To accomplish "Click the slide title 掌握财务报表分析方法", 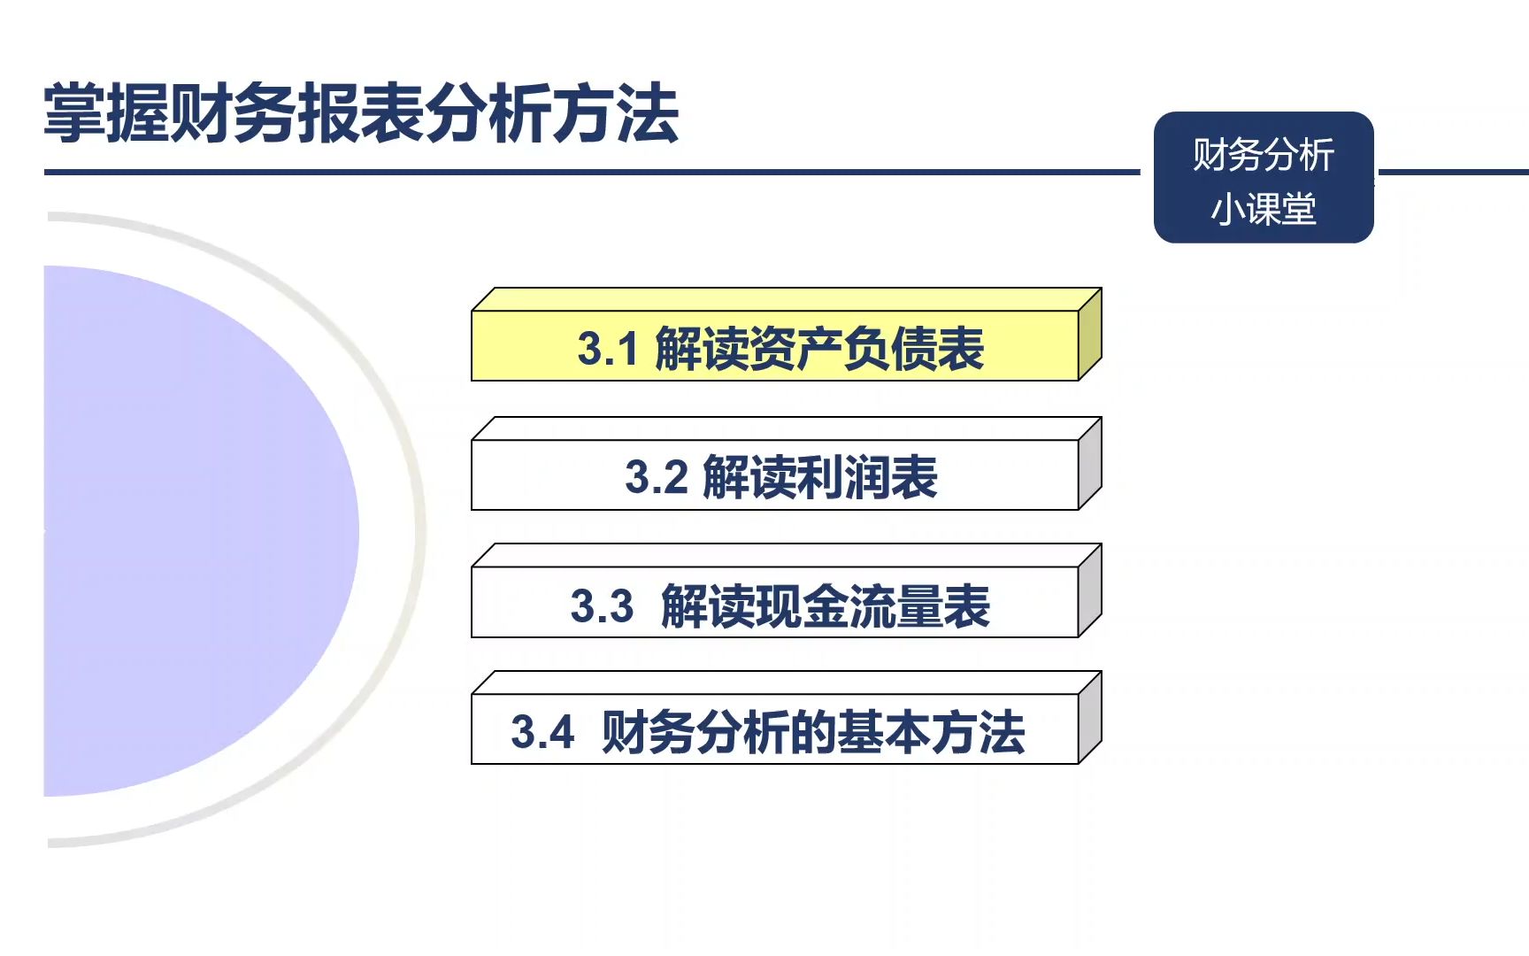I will click(361, 113).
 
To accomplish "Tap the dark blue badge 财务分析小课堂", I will click(1263, 177).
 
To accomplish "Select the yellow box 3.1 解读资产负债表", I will click(775, 346).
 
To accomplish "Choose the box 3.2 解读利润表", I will click(775, 475).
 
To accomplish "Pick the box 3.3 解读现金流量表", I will click(775, 603).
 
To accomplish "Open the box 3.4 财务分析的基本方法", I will click(775, 730).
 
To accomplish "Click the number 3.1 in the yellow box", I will click(607, 348).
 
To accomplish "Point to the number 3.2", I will click(656, 477).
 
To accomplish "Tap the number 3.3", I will click(602, 606).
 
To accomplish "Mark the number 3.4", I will click(542, 733).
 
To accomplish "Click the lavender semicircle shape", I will click(195, 531).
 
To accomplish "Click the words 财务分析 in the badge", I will click(1263, 155).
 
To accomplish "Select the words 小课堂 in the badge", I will click(1263, 210).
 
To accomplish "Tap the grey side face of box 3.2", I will click(1090, 463).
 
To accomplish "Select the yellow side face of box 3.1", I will click(1090, 335).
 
